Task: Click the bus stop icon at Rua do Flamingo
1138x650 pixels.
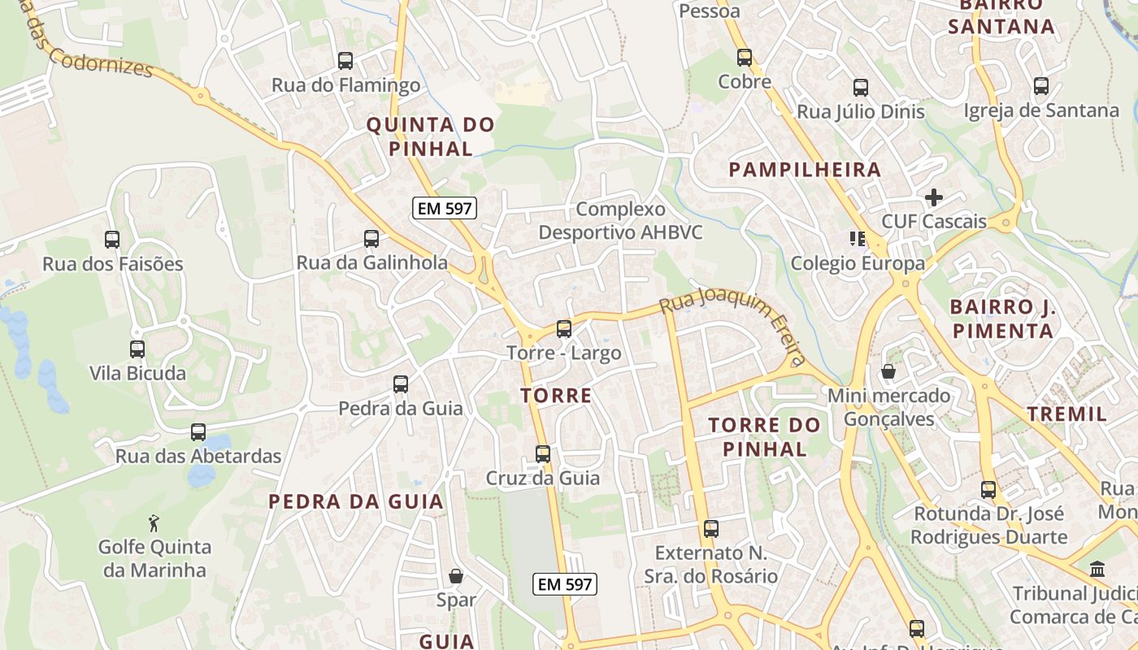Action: tap(345, 61)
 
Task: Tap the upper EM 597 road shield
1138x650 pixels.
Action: tap(444, 208)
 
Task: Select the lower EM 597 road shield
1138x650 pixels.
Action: tap(566, 583)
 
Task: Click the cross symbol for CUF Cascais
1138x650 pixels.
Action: tap(934, 197)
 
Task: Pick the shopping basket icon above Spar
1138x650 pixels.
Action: tap(456, 576)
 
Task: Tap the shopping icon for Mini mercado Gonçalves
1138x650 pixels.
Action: tap(888, 371)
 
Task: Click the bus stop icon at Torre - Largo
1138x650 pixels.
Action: tap(564, 329)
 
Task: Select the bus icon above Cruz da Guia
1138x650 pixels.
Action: tap(543, 454)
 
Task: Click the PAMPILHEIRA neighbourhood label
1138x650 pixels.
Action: tap(805, 170)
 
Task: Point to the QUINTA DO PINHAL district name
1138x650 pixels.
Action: tap(430, 136)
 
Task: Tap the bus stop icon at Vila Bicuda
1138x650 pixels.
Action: tap(137, 349)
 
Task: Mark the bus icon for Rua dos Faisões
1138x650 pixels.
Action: tap(112, 240)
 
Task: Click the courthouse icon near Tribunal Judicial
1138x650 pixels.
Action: tap(1097, 569)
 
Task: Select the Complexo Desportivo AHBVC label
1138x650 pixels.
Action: tap(620, 221)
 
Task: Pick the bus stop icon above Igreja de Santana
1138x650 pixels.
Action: tap(1041, 86)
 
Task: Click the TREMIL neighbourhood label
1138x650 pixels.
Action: tap(1066, 414)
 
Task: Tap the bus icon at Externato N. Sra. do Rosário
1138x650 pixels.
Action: tap(711, 529)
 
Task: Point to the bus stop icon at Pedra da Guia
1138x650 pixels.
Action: tap(401, 384)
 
